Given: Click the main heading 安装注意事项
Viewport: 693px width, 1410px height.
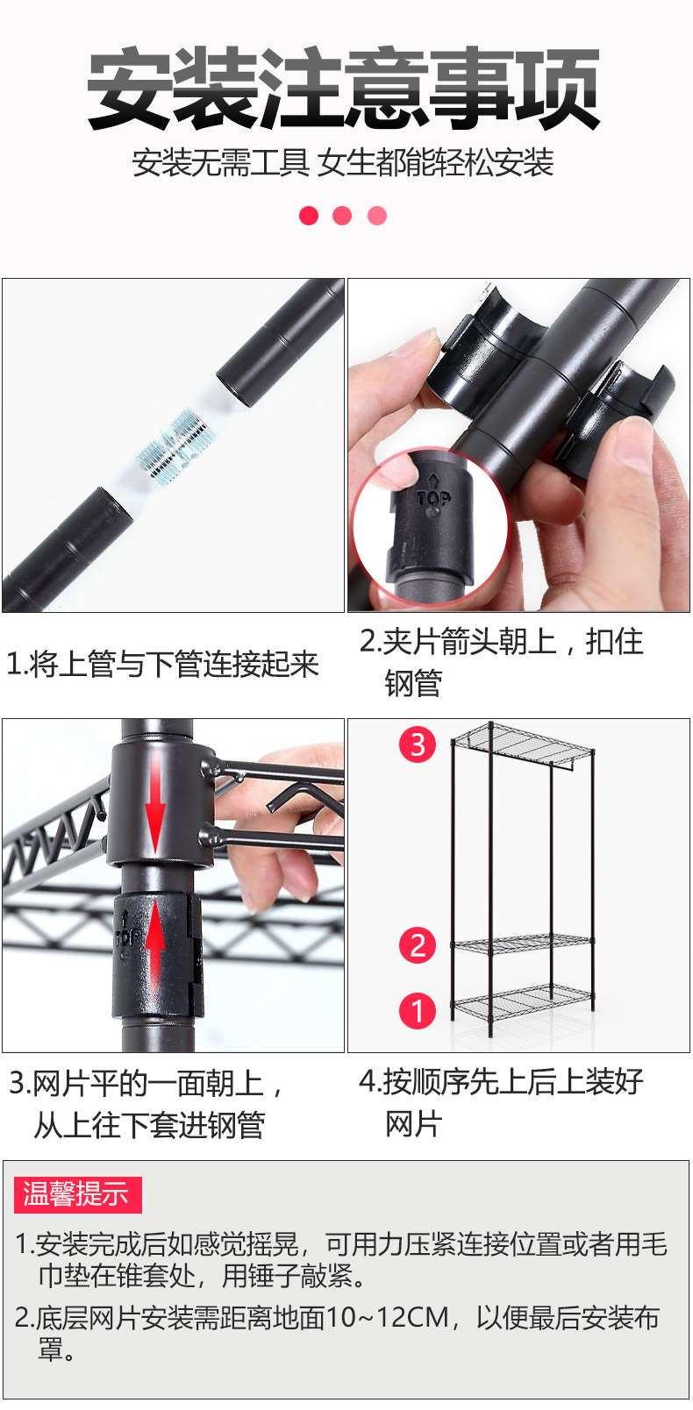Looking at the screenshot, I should point(343,89).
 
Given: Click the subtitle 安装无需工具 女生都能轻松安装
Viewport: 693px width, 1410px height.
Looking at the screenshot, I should point(343,163).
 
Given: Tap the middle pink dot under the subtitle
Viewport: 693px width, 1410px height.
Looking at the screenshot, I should point(342,216).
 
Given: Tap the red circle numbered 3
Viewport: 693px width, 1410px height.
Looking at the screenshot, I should point(418,744).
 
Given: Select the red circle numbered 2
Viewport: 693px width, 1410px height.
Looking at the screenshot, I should point(418,945).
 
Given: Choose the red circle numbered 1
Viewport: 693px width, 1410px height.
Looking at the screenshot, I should point(418,1010).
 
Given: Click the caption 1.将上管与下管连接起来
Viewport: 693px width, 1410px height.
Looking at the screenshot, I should point(162,664).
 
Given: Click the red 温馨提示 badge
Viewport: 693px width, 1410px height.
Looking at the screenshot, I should point(76,1194).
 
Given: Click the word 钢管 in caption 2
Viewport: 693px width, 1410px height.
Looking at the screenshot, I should point(413,683).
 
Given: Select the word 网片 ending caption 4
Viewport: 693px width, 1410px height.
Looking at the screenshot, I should point(413,1123).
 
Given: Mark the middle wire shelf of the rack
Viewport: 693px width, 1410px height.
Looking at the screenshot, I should point(523,944).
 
